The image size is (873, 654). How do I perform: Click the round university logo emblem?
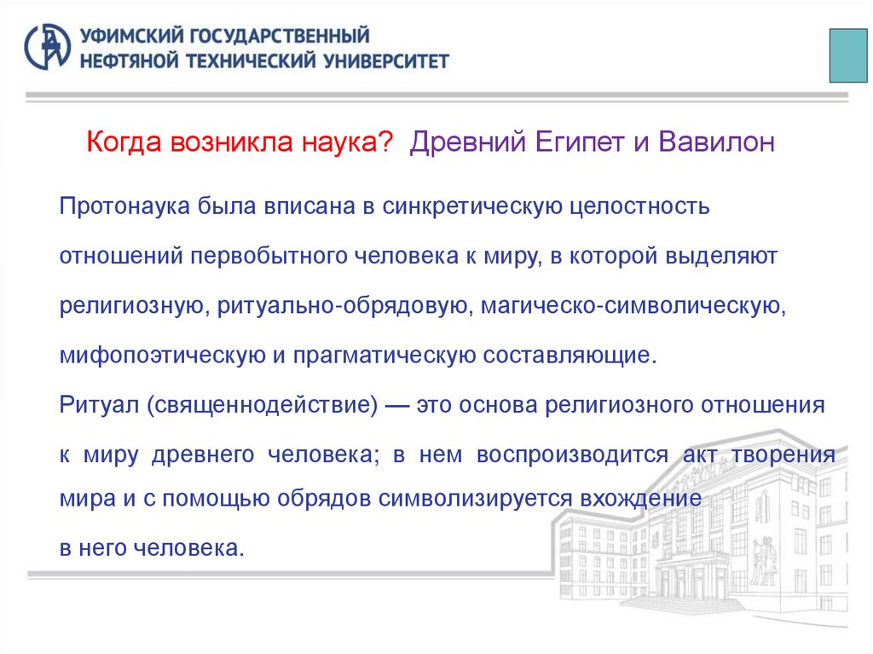pyautogui.click(x=48, y=47)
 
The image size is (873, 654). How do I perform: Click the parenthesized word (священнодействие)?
pyautogui.click(x=262, y=405)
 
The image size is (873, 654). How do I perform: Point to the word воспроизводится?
pyautogui.click(x=572, y=454)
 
